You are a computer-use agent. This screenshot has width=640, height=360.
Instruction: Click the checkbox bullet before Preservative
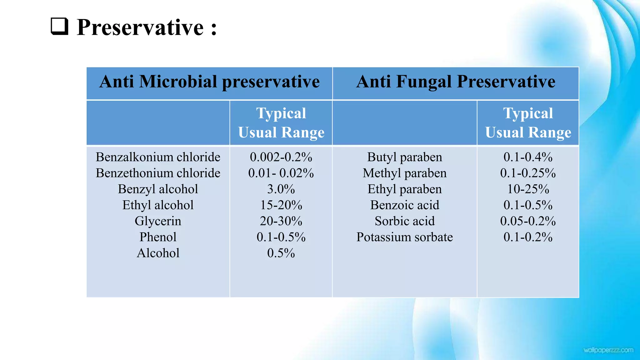[59, 26]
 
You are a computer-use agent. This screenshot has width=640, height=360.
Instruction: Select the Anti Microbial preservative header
[209, 82]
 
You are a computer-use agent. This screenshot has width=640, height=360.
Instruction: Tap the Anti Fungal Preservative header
[456, 82]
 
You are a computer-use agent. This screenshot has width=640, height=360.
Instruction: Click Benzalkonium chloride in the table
[158, 157]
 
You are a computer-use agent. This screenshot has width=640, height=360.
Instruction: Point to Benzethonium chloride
[158, 173]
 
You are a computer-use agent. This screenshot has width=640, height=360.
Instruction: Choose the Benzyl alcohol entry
[158, 189]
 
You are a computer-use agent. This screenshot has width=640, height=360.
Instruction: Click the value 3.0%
[281, 189]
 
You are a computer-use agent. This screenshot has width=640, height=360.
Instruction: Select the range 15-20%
[281, 205]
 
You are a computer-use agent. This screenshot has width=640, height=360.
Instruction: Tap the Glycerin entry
[158, 221]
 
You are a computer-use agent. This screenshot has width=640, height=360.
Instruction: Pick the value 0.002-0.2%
[281, 157]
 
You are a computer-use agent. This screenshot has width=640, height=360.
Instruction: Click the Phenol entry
[158, 237]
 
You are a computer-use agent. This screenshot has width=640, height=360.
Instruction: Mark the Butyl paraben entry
[404, 157]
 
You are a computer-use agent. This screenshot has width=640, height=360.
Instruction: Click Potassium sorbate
[404, 237]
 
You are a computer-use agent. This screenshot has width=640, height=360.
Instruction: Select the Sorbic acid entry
[404, 221]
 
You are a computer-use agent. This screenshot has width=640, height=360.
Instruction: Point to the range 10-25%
[528, 189]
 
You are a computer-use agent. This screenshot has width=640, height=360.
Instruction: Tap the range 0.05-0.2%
[528, 221]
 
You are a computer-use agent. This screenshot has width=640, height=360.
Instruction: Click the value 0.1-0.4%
[528, 157]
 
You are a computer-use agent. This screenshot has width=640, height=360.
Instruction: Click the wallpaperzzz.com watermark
[608, 350]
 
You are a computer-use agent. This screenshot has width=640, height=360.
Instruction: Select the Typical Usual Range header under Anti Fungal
[528, 123]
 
